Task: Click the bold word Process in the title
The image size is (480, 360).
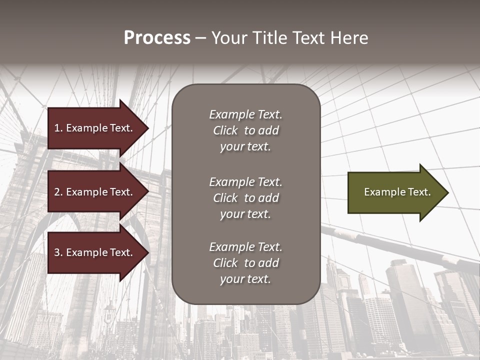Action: pos(157,38)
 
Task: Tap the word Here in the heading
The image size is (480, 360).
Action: pos(350,38)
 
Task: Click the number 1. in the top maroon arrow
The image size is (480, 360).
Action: pos(58,128)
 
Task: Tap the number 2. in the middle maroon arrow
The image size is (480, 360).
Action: pos(58,192)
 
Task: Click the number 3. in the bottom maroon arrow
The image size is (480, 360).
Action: pos(58,252)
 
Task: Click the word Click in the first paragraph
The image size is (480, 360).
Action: pos(225,130)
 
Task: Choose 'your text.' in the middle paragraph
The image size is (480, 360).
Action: pos(245,214)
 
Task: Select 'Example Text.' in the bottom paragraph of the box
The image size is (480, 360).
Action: pos(245,247)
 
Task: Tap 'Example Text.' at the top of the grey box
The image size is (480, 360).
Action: pos(245,114)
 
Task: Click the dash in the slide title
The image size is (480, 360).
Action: pos(200,38)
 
